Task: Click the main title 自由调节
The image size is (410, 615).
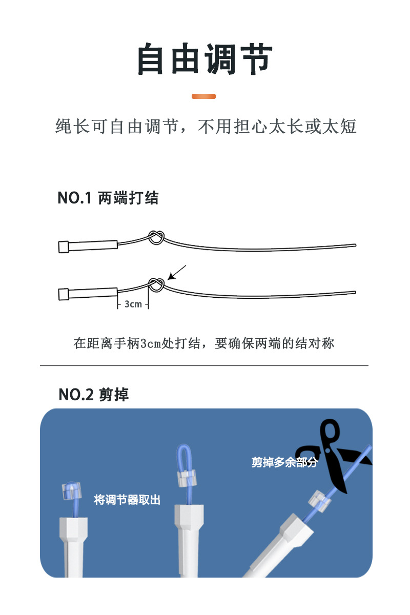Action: point(205,59)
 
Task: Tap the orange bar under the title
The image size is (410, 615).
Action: point(203,96)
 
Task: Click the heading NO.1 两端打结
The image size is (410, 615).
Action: point(108,198)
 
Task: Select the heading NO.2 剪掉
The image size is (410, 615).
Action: point(94,395)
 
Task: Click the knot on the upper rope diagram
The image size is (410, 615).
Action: point(157,237)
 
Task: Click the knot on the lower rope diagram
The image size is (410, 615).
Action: point(157,285)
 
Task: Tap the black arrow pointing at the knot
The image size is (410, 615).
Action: point(177,273)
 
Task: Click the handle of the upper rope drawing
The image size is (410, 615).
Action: point(88,246)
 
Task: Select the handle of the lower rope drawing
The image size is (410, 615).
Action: point(88,294)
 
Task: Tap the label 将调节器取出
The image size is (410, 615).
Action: point(127,500)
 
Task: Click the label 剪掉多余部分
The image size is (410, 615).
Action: point(285,462)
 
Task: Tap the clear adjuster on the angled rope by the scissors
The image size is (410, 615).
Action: point(319,502)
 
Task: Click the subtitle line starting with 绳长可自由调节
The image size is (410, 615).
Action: point(206,127)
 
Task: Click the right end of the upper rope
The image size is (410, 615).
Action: point(355,245)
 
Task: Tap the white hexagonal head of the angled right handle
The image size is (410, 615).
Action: point(297,530)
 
